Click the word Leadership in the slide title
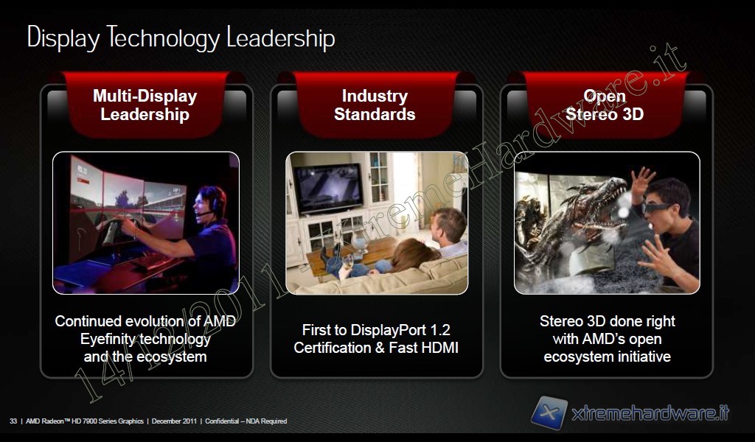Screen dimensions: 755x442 pos(281,38)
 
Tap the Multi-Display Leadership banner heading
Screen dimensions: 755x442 pos(145,105)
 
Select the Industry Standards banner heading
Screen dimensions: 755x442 pos(375,105)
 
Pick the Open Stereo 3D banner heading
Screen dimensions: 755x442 pos(605,105)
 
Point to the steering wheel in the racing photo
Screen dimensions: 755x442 pos(112,229)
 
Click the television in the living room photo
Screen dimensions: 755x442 pos(328,189)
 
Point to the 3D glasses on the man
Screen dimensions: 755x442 pos(657,208)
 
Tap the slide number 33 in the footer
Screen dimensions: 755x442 pos(13,421)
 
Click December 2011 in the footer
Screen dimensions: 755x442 pos(174,421)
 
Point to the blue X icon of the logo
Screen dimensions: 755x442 pos(549,413)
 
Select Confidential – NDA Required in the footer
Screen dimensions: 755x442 pos(246,421)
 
